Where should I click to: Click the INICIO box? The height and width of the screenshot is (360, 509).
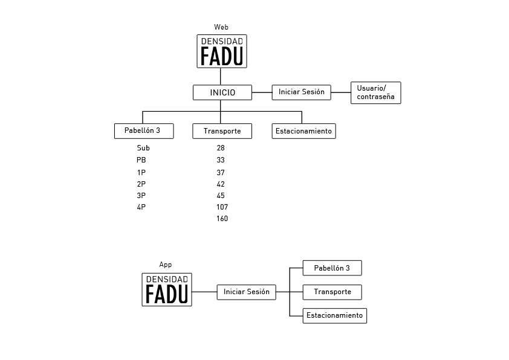(222, 92)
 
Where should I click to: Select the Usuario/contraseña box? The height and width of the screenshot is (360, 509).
(376, 93)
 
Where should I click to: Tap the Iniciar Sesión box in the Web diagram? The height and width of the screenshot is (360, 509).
(301, 92)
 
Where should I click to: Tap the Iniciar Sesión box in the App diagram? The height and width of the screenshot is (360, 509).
(247, 292)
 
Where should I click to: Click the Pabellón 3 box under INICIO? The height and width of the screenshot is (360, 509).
(144, 131)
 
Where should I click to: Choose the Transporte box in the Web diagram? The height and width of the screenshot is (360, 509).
(222, 131)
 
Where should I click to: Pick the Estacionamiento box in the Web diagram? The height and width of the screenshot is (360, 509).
(304, 131)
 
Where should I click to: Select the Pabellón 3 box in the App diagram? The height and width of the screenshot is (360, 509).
(332, 268)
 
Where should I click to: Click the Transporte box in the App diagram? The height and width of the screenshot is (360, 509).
(332, 292)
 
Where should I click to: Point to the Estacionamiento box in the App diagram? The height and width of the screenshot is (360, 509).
(335, 316)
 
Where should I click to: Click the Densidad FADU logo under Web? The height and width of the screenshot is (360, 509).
(222, 51)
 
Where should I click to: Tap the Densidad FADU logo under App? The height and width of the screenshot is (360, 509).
(167, 289)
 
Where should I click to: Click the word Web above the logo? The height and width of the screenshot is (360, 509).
(221, 27)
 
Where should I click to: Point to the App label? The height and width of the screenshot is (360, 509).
(165, 265)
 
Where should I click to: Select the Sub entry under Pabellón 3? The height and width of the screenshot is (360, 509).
(143, 148)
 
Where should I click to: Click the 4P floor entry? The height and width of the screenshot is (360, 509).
(141, 207)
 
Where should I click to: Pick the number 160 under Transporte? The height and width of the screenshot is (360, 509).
(222, 219)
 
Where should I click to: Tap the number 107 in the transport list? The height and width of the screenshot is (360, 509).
(222, 207)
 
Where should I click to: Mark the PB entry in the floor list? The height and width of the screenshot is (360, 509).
(141, 160)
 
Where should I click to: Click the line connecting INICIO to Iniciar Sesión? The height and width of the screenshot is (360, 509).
(262, 92)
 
